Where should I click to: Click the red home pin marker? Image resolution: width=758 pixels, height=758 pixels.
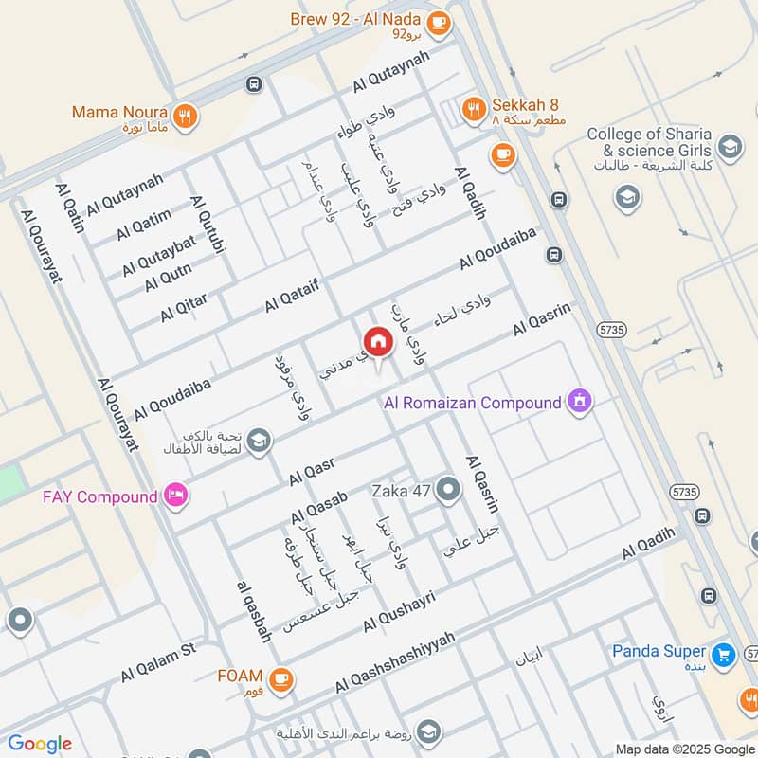(377, 342)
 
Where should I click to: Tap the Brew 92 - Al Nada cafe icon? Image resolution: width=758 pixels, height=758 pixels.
(437, 25)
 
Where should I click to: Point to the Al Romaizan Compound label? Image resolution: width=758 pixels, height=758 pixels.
(472, 403)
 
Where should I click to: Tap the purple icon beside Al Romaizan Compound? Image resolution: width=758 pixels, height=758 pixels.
(580, 402)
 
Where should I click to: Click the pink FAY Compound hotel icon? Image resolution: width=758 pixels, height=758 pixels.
(175, 496)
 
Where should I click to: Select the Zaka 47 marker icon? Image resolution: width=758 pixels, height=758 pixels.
(449, 490)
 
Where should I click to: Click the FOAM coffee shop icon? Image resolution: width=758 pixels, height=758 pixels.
(280, 678)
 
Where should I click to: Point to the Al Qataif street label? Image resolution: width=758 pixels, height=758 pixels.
(293, 295)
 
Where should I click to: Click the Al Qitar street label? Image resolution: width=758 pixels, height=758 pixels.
(183, 307)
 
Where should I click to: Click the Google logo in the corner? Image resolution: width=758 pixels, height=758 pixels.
(40, 744)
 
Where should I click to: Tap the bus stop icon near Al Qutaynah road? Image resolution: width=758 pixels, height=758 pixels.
(253, 84)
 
